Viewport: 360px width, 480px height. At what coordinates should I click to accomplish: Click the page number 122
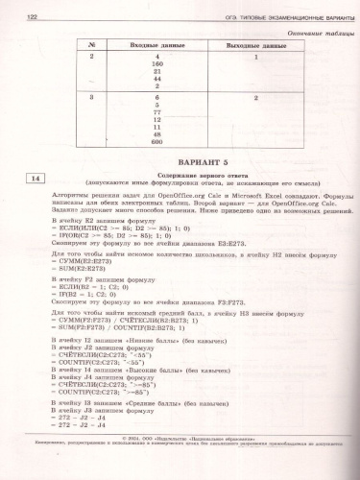point(32,15)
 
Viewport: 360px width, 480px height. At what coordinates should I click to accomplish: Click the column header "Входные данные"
point(156,45)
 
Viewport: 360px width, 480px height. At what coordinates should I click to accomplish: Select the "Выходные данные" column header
point(257,45)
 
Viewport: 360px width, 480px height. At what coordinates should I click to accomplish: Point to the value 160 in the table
point(156,66)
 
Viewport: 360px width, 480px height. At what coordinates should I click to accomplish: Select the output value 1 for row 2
point(257,59)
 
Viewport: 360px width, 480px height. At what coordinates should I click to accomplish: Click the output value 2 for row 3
point(257,98)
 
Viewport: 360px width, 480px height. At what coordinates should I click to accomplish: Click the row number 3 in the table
point(91,98)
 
